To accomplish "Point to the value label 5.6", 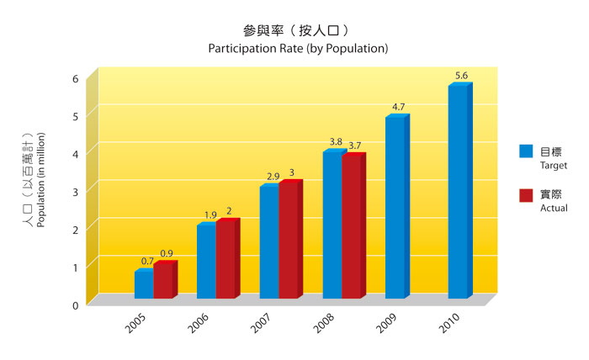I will pos(461,77).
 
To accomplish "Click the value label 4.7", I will pos(399,107).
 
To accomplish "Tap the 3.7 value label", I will pos(355,146).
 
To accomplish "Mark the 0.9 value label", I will pos(167,253).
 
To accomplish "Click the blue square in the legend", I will pos(526,151).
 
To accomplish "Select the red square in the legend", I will pos(526,195).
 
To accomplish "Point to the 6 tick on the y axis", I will pos(75,78).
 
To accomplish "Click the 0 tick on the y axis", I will pos(75,304).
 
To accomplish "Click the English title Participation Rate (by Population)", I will pos(298,48).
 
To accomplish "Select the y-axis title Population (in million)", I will pos(40,178).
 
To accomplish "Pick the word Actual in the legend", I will pos(554,208).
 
